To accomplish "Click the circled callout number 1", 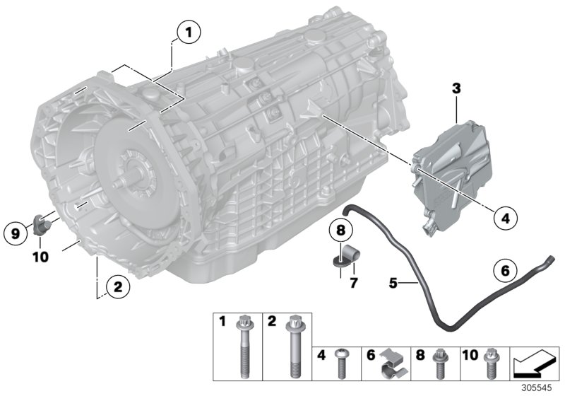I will coord(188,32).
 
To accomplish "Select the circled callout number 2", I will coord(117,286).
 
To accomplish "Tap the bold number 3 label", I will coord(456,88).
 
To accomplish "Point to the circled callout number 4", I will coord(504,219).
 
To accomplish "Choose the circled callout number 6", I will coord(504,269).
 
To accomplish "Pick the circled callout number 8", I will coord(340,231).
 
